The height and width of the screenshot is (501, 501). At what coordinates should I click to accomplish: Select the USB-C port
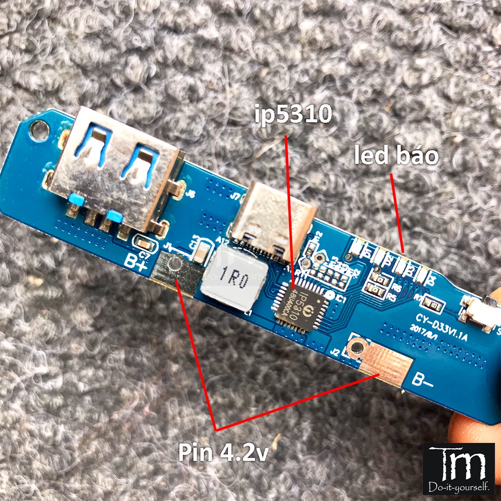coord(272,218)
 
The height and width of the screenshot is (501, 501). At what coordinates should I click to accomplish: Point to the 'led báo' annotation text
coord(396,156)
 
